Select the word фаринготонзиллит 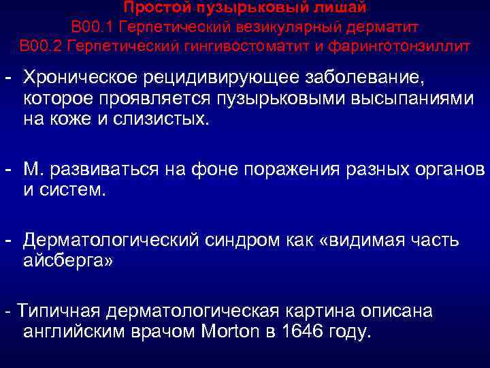[x=404, y=46]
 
